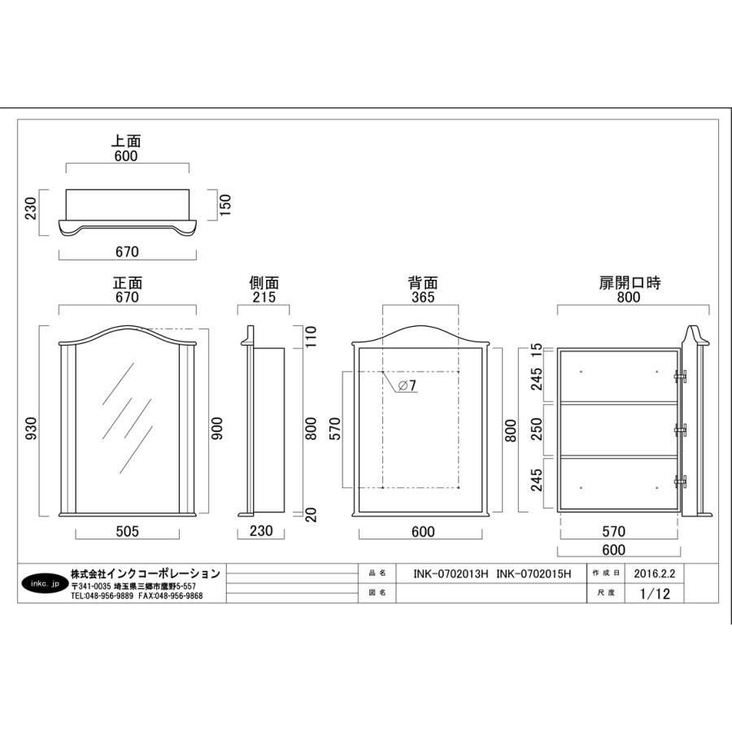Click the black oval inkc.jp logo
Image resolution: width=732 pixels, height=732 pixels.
point(46,583)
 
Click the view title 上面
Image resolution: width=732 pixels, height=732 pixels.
point(125,141)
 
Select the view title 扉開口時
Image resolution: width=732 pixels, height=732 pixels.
point(630,283)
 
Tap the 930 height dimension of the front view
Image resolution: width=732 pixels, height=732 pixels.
point(31,428)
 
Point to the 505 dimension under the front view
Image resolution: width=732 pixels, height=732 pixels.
point(127,531)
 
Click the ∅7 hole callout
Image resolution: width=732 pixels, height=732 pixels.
point(407,386)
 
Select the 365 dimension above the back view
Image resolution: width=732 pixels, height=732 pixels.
point(423,297)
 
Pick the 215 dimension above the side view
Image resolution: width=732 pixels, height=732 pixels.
point(264,297)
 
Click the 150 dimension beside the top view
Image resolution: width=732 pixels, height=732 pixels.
point(225,204)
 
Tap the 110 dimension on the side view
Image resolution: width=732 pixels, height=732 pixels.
point(311,337)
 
